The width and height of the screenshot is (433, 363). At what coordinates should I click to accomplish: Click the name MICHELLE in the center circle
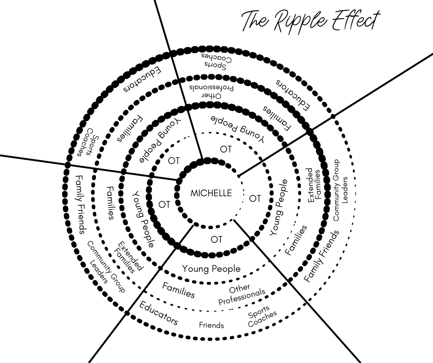click(211, 193)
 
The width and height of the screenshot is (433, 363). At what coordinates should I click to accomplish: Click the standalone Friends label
click(211, 325)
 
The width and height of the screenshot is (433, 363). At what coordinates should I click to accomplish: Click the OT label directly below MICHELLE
click(216, 240)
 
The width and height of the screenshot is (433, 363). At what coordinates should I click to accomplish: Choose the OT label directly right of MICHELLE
click(255, 199)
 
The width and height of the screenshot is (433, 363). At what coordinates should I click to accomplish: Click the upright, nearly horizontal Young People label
click(211, 269)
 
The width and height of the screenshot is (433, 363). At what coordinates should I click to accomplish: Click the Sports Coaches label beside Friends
click(262, 316)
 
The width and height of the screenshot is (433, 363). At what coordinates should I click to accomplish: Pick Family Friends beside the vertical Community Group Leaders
click(322, 256)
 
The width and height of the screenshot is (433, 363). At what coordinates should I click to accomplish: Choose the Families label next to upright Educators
click(178, 290)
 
